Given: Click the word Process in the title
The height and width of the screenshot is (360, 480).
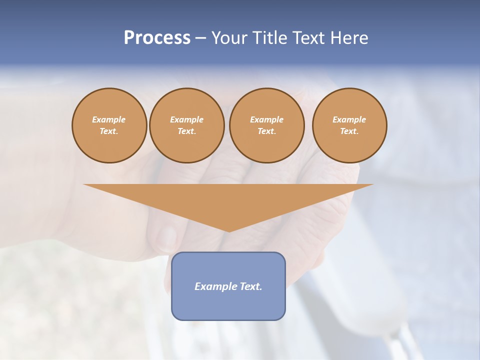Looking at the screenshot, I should pyautogui.click(x=157, y=38).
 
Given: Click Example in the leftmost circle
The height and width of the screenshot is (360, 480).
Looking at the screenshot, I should pyautogui.click(x=109, y=119).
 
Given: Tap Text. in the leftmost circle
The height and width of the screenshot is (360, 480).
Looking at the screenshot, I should pyautogui.click(x=109, y=131).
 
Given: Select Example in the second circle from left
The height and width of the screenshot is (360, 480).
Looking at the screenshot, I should pyautogui.click(x=186, y=119).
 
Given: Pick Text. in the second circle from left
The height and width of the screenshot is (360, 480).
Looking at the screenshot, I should pyautogui.click(x=186, y=131).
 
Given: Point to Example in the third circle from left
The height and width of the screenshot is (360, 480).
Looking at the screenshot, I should pyautogui.click(x=266, y=119).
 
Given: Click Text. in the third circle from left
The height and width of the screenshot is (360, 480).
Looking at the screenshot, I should pyautogui.click(x=266, y=131).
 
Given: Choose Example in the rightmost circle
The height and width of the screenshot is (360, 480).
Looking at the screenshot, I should pyautogui.click(x=349, y=119).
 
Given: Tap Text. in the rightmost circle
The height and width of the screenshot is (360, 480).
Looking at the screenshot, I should pyautogui.click(x=349, y=131).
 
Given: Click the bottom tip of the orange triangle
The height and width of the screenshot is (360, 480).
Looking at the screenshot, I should pyautogui.click(x=229, y=231).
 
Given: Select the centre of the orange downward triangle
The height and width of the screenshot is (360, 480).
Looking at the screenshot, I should pyautogui.click(x=228, y=200).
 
